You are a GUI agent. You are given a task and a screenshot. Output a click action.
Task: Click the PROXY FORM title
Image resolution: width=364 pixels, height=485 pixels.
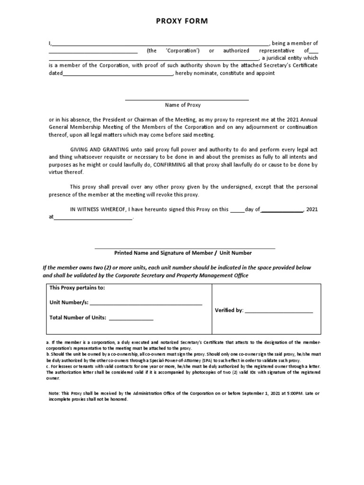pos(182,21)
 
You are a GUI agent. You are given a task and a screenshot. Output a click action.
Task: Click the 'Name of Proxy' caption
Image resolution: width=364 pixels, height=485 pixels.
pos(182,105)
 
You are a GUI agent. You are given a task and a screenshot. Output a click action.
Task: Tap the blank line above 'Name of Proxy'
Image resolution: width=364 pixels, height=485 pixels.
pos(187,99)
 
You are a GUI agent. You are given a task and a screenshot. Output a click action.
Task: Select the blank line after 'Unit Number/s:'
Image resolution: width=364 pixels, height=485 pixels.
pos(146,303)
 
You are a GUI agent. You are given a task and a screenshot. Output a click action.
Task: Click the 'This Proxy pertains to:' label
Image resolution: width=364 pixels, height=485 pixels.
pos(77,288)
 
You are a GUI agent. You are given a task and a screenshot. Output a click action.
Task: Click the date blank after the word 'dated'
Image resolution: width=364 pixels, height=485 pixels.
pos(118,74)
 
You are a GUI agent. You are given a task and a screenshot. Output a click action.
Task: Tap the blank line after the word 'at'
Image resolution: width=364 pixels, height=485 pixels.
pos(93,218)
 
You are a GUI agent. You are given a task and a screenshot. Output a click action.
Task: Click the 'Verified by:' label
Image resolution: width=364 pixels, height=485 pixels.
pos(229,311)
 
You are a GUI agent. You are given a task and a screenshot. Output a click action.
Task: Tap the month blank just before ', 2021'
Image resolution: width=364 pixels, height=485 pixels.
pos(282,210)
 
